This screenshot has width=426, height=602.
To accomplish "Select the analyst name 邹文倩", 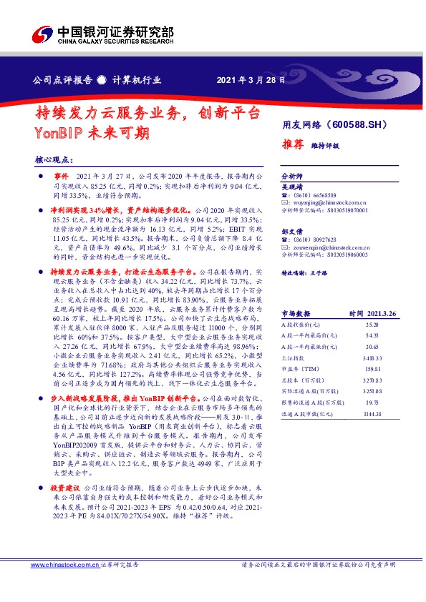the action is tap(292, 232).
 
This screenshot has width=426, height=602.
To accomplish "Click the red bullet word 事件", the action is tap(60, 175).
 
